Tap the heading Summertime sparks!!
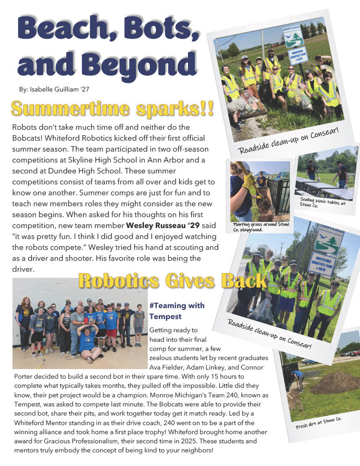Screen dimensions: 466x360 click(112, 109)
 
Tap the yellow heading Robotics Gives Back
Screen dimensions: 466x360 click(172, 281)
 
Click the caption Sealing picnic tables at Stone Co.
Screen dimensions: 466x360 click(322, 203)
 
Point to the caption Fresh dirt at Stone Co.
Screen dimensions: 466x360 click(319, 423)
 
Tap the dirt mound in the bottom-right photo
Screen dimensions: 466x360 click(335, 382)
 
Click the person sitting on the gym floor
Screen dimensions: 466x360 click(88, 342)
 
